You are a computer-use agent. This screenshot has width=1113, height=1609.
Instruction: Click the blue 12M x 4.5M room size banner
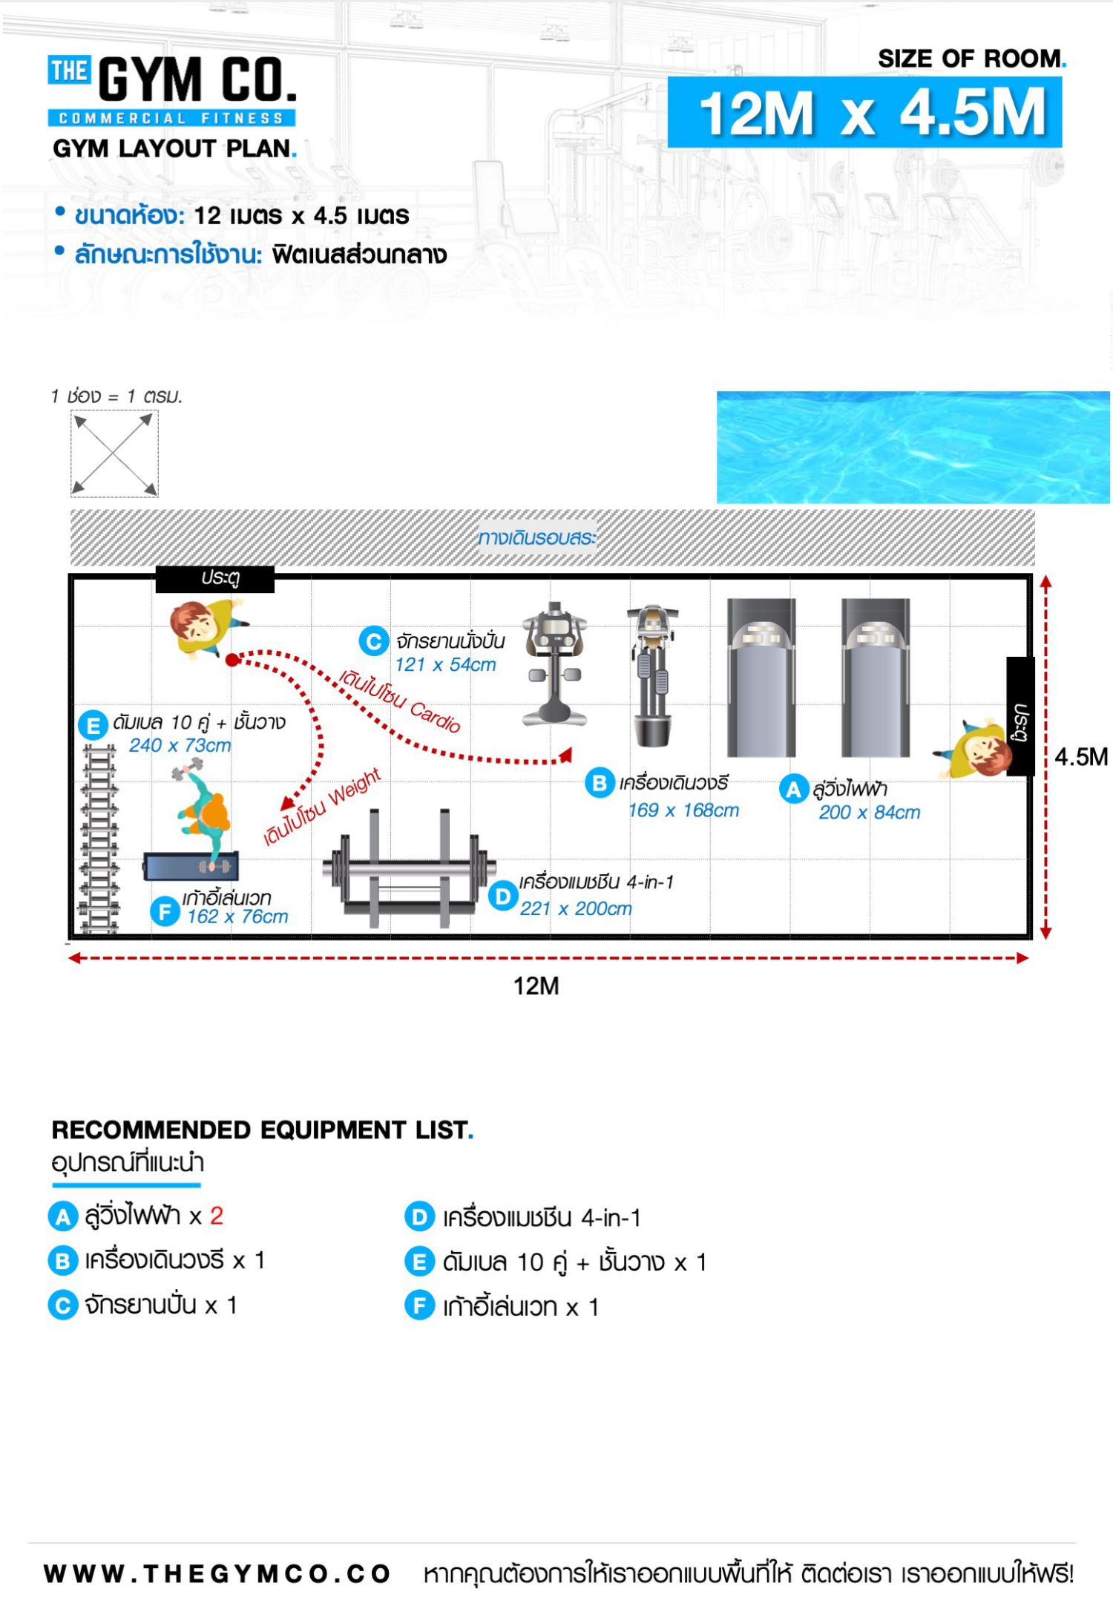864,112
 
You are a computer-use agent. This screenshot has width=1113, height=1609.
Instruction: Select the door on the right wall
1020,717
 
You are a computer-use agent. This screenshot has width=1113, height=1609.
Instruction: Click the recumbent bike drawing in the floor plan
554,663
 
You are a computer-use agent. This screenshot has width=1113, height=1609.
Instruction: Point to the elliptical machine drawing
653,676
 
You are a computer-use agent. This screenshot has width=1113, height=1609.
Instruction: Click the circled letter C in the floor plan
374,641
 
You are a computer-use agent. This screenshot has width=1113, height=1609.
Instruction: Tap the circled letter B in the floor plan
600,783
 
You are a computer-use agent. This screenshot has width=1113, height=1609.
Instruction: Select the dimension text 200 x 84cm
870,813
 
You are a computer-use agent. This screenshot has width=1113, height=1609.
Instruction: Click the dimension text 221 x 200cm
576,908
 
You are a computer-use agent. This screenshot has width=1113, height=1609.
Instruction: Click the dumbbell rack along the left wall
99,839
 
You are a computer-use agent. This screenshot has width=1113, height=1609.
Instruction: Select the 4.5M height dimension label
1081,757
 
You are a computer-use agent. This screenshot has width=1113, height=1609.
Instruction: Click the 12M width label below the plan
536,986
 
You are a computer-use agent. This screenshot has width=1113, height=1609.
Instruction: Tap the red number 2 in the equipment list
217,1216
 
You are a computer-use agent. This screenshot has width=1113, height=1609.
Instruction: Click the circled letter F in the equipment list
419,1305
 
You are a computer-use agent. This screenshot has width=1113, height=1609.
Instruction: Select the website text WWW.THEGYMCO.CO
217,1573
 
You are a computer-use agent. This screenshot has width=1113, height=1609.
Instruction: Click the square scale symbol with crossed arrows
114,454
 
